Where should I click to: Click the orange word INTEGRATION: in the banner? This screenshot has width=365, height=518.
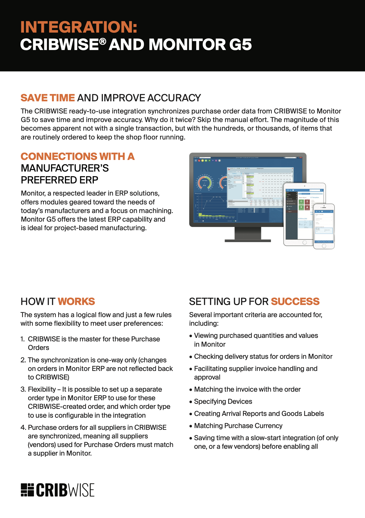pyautogui.click(x=79, y=27)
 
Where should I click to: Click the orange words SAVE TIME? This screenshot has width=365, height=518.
pyautogui.click(x=48, y=98)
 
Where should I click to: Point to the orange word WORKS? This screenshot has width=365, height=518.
pyautogui.click(x=76, y=301)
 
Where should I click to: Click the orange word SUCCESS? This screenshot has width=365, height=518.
pyautogui.click(x=295, y=301)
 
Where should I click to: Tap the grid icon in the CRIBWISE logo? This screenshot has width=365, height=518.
pyautogui.click(x=27, y=490)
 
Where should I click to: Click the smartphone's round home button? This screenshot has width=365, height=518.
pyautogui.click(x=324, y=246)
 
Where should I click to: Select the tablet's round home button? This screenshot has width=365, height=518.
pyautogui.click(x=304, y=243)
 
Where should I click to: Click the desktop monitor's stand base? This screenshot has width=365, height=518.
pyautogui.click(x=248, y=241)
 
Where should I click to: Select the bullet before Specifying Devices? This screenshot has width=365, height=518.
pyautogui.click(x=191, y=402)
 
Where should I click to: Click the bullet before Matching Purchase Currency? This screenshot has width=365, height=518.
pyautogui.click(x=191, y=426)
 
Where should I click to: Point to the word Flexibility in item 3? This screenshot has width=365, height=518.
pyautogui.click(x=42, y=389)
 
